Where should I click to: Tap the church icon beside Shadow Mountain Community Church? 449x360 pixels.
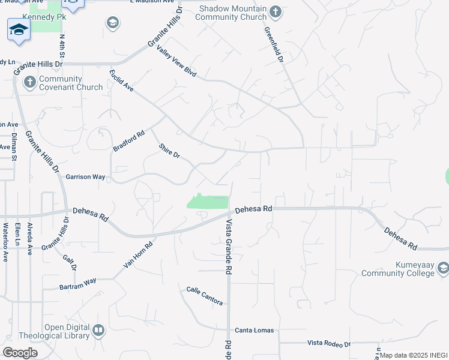coord(275,11)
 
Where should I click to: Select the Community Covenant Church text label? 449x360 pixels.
coord(71,83)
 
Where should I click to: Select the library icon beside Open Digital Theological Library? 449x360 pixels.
coord(98,329)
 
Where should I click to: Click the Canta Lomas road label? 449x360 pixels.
coord(254,331)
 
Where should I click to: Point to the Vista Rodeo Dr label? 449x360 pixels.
coord(329,343)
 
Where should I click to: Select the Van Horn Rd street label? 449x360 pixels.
coord(139,254)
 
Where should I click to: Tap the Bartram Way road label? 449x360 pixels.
coord(77,284)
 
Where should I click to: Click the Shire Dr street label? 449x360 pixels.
coord(169,151)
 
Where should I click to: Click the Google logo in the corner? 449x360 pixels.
coord(20,352)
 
